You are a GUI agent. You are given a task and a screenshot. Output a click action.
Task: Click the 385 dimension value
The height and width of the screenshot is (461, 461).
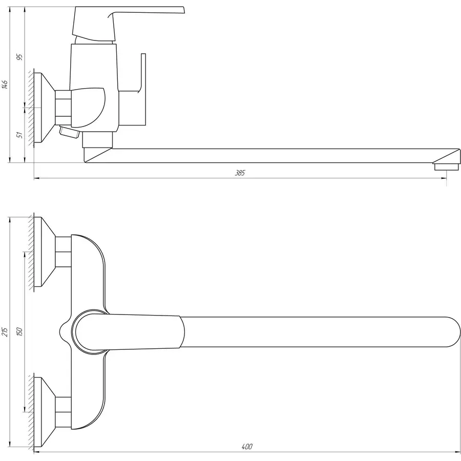[x=240, y=173]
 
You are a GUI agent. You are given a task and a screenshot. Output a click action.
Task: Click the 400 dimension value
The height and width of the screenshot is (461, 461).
[x=247, y=447]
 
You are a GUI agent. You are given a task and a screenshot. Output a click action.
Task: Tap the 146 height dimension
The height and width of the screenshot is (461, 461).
[x=5, y=85]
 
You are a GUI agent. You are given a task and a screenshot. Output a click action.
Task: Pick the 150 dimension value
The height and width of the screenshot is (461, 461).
[x=20, y=332]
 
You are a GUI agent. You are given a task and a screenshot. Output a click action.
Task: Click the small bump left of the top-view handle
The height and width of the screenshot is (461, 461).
[x=64, y=331]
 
